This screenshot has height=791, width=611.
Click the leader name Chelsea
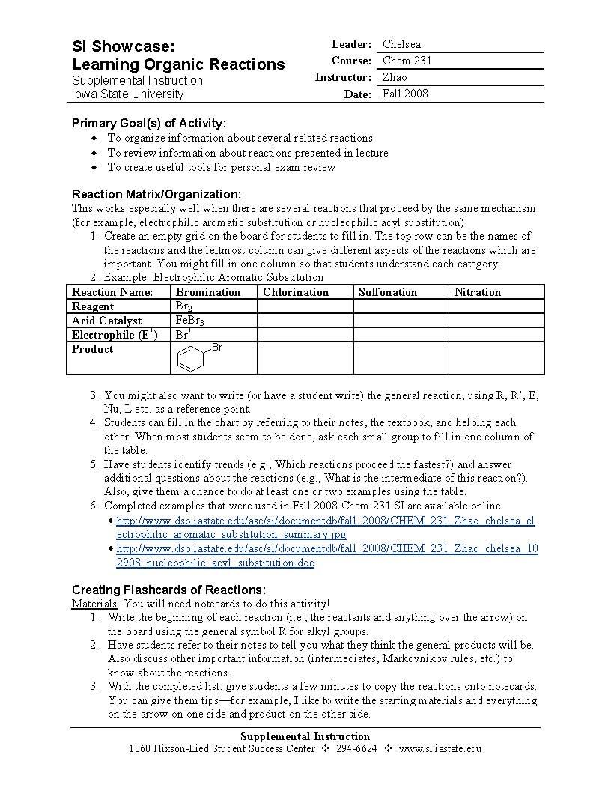click(x=401, y=44)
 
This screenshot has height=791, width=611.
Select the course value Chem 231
click(x=407, y=61)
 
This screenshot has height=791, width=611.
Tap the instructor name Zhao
click(x=395, y=77)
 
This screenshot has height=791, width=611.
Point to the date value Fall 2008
click(x=405, y=94)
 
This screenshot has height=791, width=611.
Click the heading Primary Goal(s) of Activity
click(x=148, y=123)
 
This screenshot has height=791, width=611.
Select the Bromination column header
click(x=207, y=292)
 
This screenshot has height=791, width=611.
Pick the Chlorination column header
click(x=296, y=292)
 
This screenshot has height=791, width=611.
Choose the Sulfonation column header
click(x=388, y=292)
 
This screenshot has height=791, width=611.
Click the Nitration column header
click(x=477, y=292)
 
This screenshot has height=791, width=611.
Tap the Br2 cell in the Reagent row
click(x=184, y=306)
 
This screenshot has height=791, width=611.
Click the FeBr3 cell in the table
click(x=189, y=321)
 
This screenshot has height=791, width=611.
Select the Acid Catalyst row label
click(x=106, y=321)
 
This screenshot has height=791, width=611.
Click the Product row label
click(x=93, y=349)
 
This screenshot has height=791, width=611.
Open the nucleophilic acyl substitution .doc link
click(x=327, y=556)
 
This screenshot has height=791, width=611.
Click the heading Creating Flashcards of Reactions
click(x=168, y=590)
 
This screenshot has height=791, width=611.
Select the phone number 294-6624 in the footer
click(x=356, y=748)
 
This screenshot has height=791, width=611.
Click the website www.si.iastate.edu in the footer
click(x=440, y=748)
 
